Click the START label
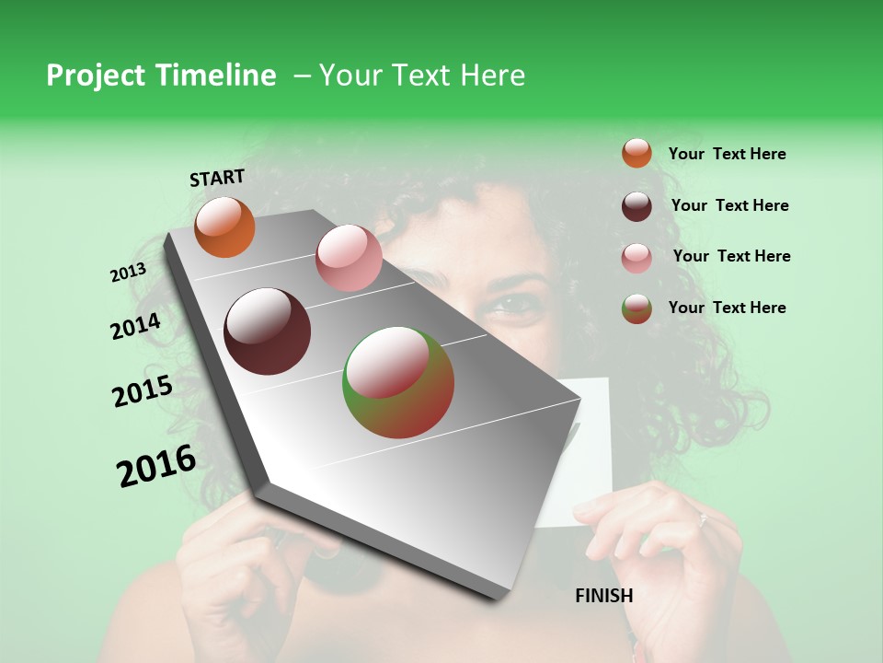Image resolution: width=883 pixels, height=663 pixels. click(217, 178)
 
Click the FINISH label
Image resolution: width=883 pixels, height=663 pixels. click(604, 596)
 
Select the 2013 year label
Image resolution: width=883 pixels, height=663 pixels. click(128, 273)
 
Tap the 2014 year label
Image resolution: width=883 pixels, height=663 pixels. click(135, 327)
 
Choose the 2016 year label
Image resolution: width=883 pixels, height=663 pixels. click(156, 467)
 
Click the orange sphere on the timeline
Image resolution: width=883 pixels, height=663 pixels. click(225, 227)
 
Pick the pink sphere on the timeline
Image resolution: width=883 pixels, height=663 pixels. click(349, 258)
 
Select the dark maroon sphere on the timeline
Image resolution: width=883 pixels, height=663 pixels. click(268, 331)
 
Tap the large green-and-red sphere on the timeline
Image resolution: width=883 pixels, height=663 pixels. click(398, 382)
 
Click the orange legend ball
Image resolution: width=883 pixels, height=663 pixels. click(636, 153)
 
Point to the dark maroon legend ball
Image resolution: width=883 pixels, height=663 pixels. click(636, 205)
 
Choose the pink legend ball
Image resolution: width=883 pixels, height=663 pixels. click(636, 257)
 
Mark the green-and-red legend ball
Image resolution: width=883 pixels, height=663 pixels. click(636, 308)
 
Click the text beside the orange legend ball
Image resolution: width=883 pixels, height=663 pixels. click(727, 154)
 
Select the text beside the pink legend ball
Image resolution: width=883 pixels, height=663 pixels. click(731, 256)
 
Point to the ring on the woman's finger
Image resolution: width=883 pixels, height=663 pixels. click(702, 521)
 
